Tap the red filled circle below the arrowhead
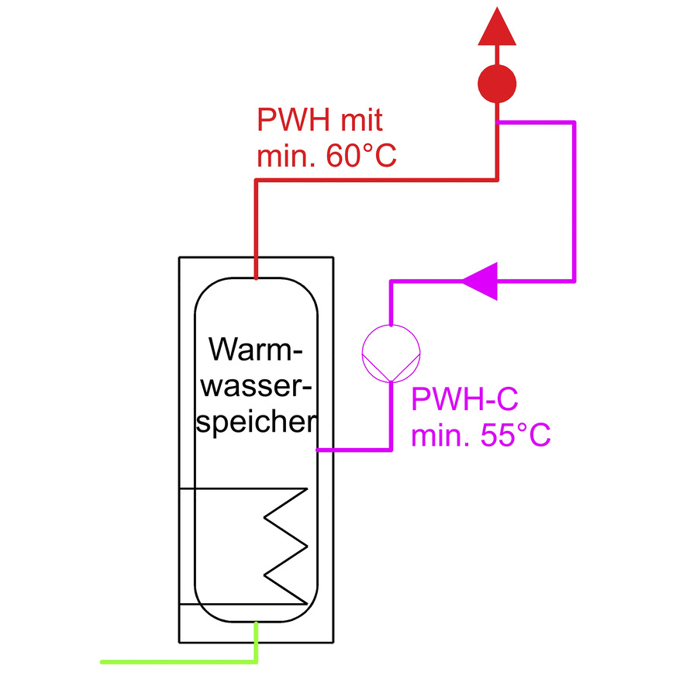point(496,84)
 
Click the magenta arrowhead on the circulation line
point(481,280)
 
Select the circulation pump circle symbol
point(391,354)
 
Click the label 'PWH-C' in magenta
point(464,401)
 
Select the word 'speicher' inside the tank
point(254,422)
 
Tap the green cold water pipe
point(178,661)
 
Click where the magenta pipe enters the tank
point(319,449)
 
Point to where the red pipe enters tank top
point(256,277)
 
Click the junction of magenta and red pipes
point(497,122)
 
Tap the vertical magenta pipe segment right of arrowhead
point(574,202)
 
